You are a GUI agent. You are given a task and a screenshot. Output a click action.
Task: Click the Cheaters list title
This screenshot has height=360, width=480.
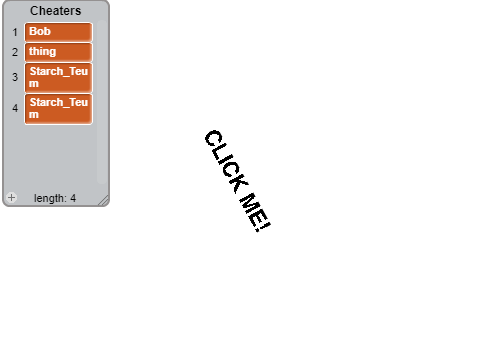pyautogui.click(x=56, y=11)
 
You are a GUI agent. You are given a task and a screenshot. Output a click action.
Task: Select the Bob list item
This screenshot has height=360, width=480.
pyautogui.click(x=58, y=32)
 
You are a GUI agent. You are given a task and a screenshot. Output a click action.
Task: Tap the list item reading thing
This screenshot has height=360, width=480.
pyautogui.click(x=58, y=52)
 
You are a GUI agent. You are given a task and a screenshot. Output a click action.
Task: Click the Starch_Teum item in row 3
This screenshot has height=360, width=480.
pyautogui.click(x=58, y=77)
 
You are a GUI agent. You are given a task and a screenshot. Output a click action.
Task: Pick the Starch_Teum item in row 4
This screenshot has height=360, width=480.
pyautogui.click(x=58, y=109)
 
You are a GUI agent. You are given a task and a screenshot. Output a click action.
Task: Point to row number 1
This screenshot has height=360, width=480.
pyautogui.click(x=15, y=32)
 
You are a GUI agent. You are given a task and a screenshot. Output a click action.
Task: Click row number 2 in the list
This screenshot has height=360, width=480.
pyautogui.click(x=15, y=52)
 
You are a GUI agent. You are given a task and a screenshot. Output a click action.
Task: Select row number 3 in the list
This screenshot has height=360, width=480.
pyautogui.click(x=15, y=77)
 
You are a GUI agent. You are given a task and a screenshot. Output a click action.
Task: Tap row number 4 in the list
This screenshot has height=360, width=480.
pyautogui.click(x=15, y=108)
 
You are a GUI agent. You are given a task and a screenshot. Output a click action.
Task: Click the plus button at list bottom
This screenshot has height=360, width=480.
pyautogui.click(x=11, y=198)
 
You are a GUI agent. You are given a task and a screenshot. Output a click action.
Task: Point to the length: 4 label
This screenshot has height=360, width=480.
pyautogui.click(x=55, y=198)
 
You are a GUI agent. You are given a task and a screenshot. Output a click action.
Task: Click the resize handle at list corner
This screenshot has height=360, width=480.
pyautogui.click(x=104, y=200)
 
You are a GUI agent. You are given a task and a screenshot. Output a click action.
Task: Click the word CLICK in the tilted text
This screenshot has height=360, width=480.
pyautogui.click(x=227, y=161)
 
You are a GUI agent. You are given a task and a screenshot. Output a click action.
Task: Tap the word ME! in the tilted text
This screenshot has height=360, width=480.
pyautogui.click(x=255, y=212)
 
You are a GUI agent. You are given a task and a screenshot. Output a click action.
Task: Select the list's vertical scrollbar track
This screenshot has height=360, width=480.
pyautogui.click(x=102, y=102)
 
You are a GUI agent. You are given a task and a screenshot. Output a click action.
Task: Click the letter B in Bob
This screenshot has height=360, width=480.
pyautogui.click(x=33, y=31)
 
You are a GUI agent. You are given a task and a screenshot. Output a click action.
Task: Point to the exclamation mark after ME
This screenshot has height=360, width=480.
pyautogui.click(x=263, y=226)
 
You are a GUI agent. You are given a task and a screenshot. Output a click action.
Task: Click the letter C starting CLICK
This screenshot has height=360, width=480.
pyautogui.click(x=213, y=138)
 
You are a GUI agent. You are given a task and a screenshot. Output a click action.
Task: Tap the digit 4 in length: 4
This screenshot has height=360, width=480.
pyautogui.click(x=73, y=198)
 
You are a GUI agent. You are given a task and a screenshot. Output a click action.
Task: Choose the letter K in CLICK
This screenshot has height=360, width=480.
pyautogui.click(x=241, y=183)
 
